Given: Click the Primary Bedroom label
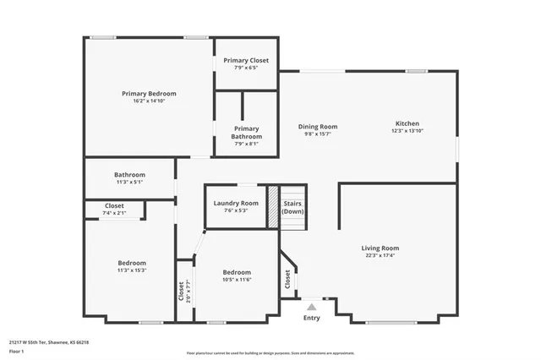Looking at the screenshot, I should (x=148, y=93).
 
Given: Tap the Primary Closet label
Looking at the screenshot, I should (x=246, y=61).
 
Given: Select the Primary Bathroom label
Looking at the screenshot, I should (x=246, y=133).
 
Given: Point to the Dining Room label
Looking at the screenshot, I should (x=318, y=126).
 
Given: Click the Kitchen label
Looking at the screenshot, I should (x=407, y=123).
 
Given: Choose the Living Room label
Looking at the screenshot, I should (x=382, y=248).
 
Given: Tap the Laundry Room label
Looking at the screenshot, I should (x=236, y=203).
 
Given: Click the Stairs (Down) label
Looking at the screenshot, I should (x=292, y=207).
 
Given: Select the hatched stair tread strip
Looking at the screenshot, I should (x=273, y=206).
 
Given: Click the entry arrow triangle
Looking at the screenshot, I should (x=312, y=307).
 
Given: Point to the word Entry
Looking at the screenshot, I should (x=312, y=318).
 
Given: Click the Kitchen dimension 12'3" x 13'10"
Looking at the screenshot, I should (x=407, y=131).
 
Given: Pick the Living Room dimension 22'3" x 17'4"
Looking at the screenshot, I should (x=382, y=255).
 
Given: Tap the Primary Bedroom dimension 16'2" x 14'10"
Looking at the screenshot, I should (x=148, y=101).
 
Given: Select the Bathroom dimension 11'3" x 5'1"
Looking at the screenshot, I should (x=130, y=182).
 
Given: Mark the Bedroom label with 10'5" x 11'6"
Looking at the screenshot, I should (x=237, y=275).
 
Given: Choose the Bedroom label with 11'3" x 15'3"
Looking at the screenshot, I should (x=131, y=266).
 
